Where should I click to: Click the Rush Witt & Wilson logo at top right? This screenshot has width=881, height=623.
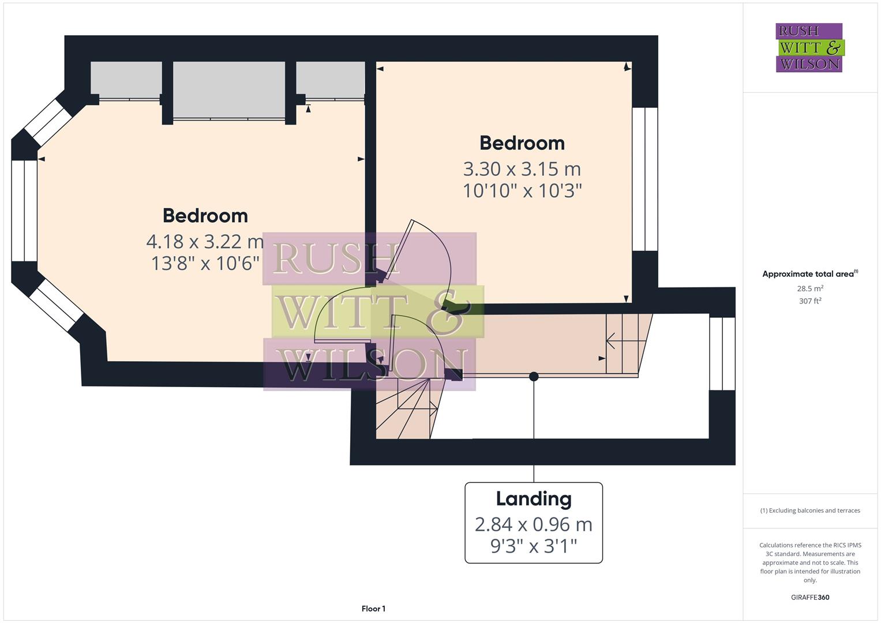point(809,47)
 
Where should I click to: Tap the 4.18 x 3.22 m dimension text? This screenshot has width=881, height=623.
point(205,241)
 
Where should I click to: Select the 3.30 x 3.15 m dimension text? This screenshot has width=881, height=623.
point(522,169)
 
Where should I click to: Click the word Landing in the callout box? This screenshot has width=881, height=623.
point(534,499)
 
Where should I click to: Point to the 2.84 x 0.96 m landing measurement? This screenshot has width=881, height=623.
point(534,524)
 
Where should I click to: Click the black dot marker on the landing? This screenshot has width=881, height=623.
point(534,377)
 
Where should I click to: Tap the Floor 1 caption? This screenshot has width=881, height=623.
point(373,609)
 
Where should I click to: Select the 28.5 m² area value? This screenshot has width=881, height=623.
point(810,288)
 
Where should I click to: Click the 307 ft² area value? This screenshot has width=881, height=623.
point(810,301)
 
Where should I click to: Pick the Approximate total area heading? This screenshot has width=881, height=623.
point(809,274)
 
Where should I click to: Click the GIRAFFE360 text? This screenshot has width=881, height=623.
point(810,598)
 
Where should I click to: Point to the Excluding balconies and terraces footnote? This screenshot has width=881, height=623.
point(810,511)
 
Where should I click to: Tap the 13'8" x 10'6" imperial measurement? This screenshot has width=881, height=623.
point(205,264)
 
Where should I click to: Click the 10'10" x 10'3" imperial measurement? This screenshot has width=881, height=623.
point(522,190)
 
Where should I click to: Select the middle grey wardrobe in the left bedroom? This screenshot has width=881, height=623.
point(229,90)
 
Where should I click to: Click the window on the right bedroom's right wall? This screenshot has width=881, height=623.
point(645,179)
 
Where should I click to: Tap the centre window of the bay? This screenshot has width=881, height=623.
point(24,211)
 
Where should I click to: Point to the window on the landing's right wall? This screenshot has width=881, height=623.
point(722,354)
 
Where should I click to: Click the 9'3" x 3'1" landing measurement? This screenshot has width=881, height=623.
point(534,546)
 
